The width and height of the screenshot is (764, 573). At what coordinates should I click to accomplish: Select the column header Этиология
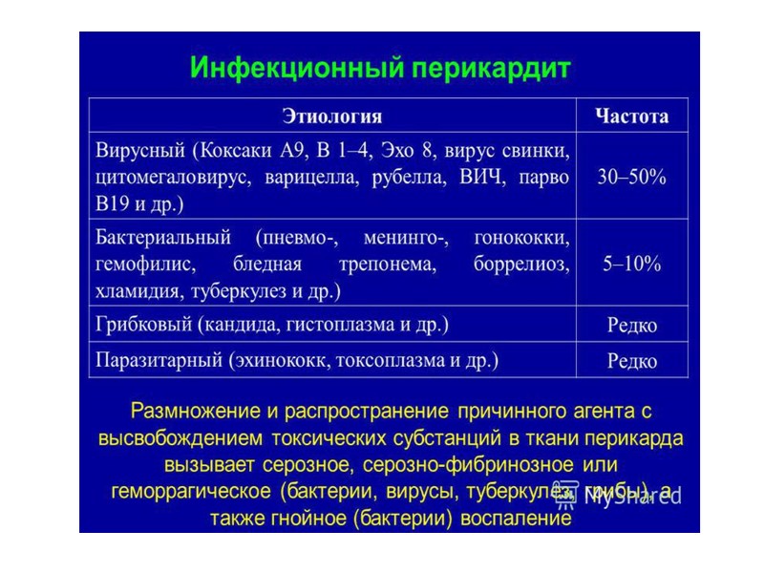click(332, 117)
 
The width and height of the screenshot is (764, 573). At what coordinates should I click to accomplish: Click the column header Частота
click(631, 117)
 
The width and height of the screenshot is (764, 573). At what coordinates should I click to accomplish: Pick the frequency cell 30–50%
click(631, 177)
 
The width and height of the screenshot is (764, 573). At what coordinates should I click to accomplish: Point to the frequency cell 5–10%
click(631, 264)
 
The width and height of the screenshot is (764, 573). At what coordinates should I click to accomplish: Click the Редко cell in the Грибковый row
click(631, 325)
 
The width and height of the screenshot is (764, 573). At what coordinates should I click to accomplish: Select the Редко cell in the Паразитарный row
click(631, 360)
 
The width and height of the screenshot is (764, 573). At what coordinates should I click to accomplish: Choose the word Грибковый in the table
click(142, 324)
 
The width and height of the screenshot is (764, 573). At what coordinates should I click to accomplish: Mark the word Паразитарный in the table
click(159, 360)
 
